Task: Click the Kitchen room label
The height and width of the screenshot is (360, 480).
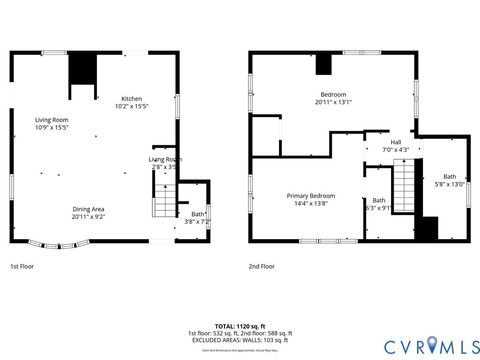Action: click(131, 98)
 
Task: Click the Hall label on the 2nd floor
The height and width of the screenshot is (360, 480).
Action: click(395, 142)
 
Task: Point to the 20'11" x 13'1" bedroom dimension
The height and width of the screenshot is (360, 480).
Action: click(333, 101)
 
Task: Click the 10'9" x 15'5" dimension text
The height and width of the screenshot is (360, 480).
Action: click(52, 127)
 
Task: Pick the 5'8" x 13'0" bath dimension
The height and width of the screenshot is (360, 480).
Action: click(449, 184)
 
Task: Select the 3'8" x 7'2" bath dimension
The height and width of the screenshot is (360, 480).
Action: click(197, 222)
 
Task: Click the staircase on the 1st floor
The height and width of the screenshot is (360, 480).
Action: click(165, 202)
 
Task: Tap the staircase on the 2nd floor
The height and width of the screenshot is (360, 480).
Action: click(401, 184)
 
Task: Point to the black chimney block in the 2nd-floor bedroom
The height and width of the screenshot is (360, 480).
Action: click(323, 64)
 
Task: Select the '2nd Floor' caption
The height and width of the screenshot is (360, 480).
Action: click(262, 267)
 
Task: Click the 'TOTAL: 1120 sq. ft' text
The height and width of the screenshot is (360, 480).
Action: click(239, 326)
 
